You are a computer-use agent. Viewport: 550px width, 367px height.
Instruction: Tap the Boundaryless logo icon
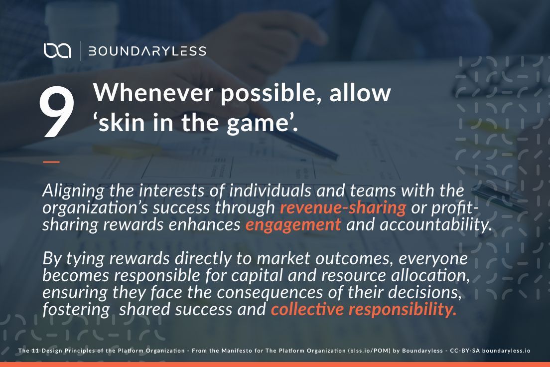pyautogui.click(x=57, y=50)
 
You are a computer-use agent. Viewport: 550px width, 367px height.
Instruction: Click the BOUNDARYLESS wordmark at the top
pyautogui.click(x=147, y=51)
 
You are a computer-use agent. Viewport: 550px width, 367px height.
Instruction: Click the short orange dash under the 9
pyautogui.click(x=51, y=162)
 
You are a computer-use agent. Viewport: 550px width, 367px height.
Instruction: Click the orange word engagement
pyautogui.click(x=293, y=224)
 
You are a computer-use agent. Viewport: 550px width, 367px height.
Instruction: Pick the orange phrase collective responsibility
pyautogui.click(x=364, y=310)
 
